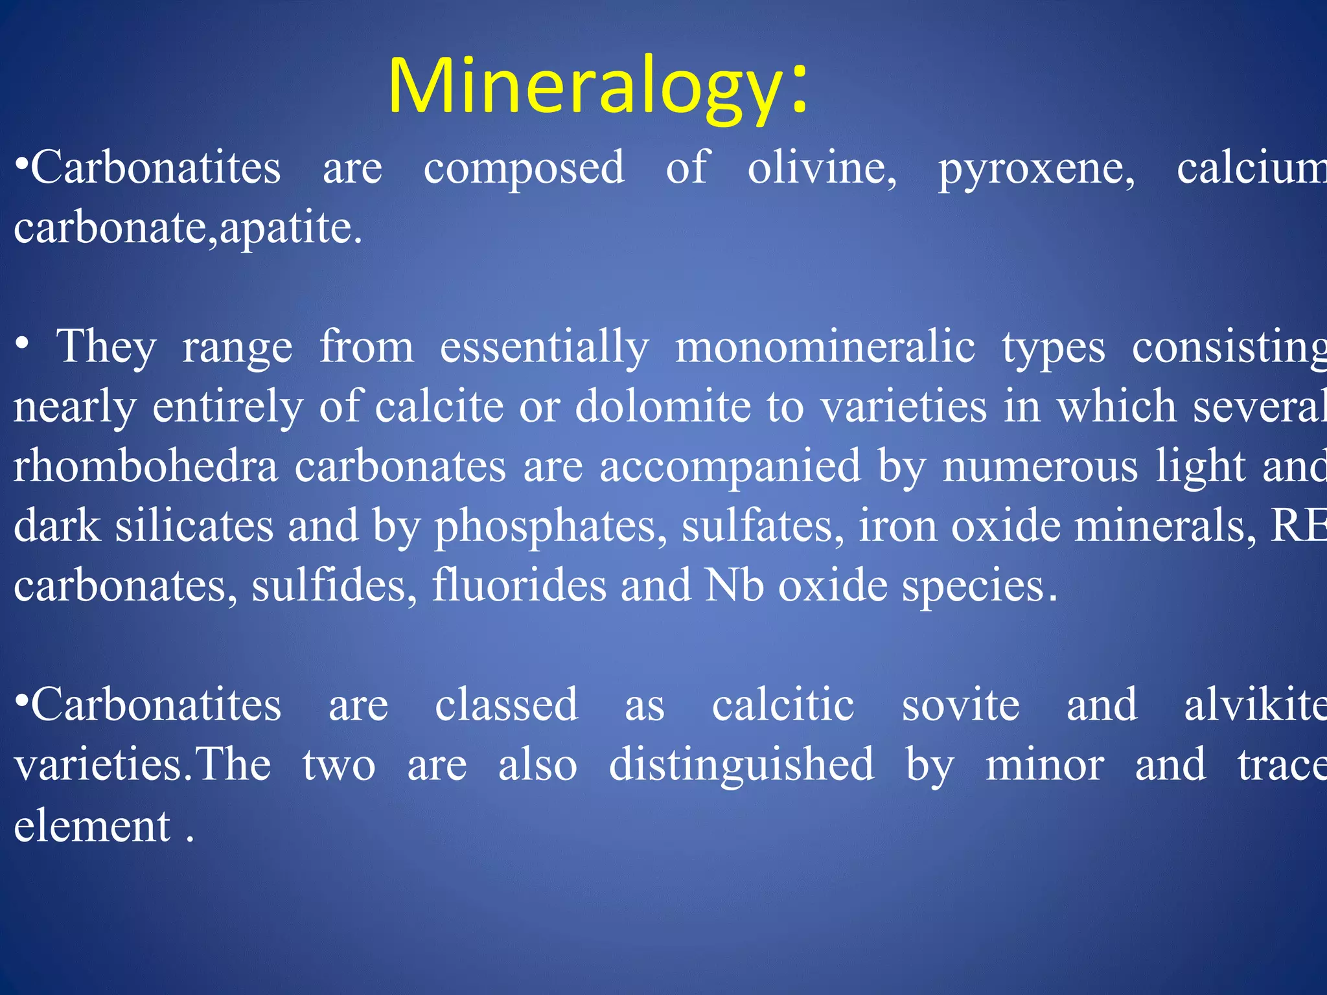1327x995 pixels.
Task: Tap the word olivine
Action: [822, 168]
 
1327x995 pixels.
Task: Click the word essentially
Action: [544, 349]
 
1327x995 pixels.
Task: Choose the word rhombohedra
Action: [146, 466]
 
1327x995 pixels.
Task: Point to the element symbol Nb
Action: [734, 585]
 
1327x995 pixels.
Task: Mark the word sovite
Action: [960, 705]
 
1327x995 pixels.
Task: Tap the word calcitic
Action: [783, 705]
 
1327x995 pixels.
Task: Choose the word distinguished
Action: [741, 764]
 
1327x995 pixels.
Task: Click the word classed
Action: [506, 705]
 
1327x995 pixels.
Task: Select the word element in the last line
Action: [92, 826]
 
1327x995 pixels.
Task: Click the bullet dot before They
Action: [22, 343]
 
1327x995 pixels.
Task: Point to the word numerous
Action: [1040, 467]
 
